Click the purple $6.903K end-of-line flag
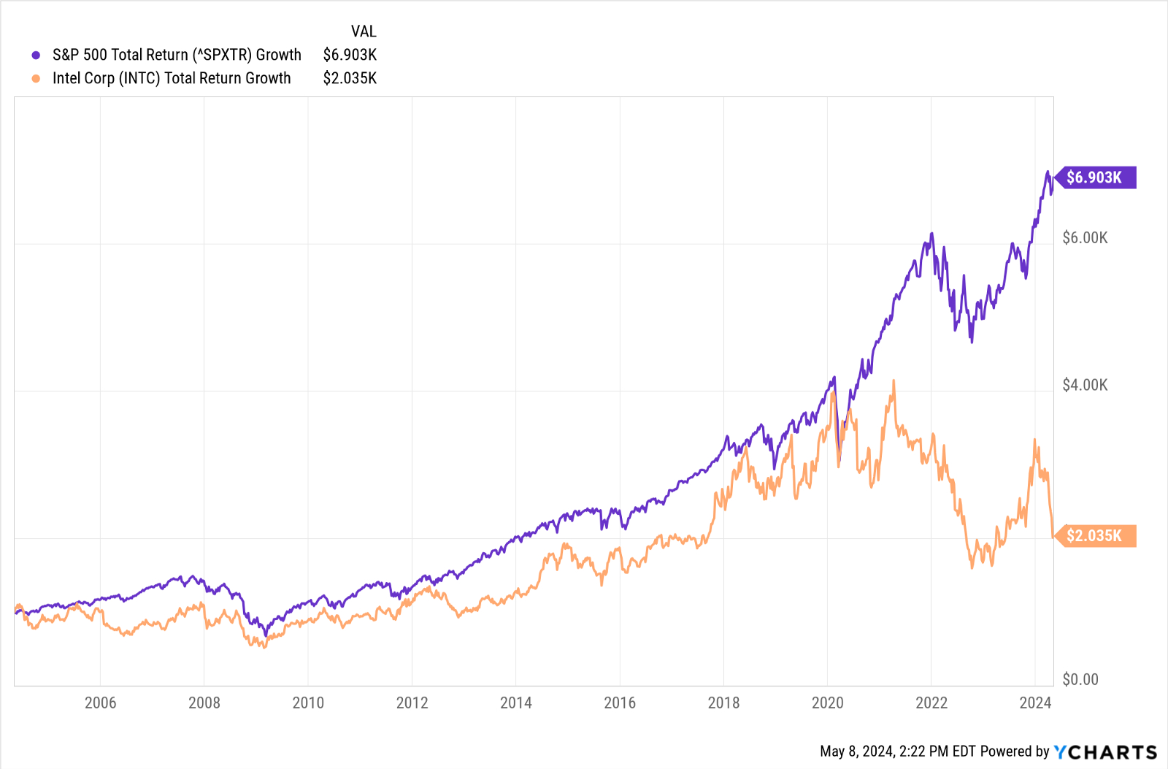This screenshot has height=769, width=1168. [1095, 177]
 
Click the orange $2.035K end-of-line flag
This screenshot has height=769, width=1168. [1095, 536]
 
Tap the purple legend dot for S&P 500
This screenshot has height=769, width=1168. [36, 56]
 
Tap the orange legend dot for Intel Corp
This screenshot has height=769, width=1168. [36, 79]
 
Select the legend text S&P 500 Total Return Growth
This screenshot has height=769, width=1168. [177, 55]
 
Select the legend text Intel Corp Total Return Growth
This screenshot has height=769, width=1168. [172, 78]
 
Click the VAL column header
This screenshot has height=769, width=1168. [364, 31]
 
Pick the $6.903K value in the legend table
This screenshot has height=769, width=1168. [350, 55]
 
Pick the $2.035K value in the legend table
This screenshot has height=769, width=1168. [350, 78]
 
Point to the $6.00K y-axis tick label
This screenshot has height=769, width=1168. [1085, 238]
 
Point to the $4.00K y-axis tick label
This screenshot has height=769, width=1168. [1085, 385]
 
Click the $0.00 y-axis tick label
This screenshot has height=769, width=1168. [1080, 679]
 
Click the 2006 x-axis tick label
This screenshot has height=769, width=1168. [100, 703]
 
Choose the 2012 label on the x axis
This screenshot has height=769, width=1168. [412, 703]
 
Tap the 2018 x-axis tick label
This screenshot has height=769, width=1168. [723, 703]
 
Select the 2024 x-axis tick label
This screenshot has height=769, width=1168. [1035, 703]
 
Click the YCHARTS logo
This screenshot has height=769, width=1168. [1105, 752]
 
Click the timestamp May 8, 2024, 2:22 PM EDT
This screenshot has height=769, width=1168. [898, 751]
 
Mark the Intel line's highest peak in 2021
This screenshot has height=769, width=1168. [894, 380]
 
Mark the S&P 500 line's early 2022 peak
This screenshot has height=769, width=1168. [931, 234]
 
